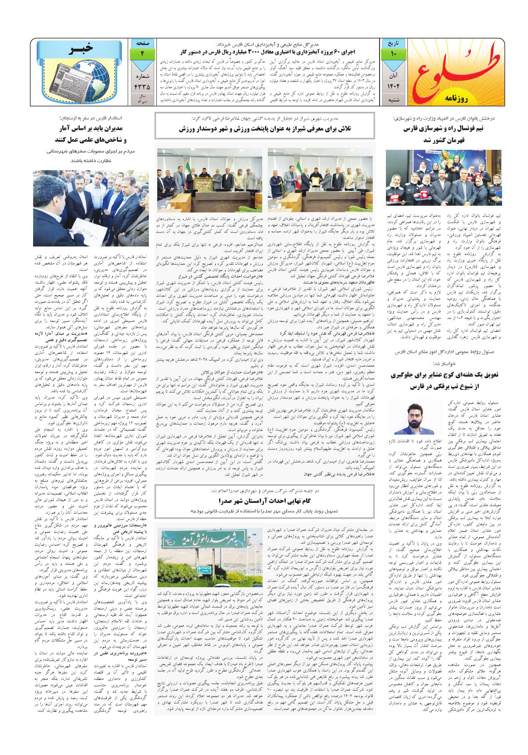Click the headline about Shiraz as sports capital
265,129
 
